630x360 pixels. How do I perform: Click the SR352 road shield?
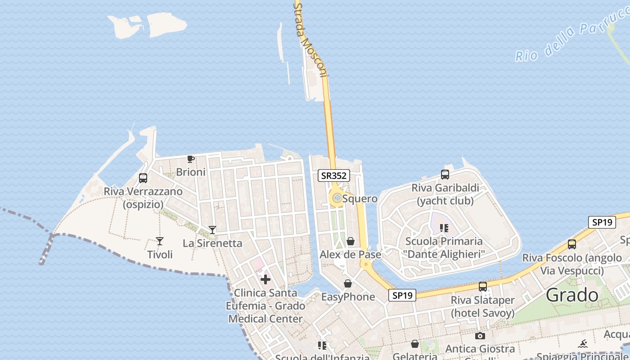click(x=334, y=175)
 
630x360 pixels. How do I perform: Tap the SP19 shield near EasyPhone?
click(x=402, y=295)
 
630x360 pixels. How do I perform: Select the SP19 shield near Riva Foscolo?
click(x=602, y=222)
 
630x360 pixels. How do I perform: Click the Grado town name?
click(x=572, y=296)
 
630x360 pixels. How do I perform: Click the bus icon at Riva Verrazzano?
click(x=143, y=178)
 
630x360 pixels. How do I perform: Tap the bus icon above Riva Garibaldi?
click(x=445, y=175)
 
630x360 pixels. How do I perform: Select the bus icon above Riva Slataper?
click(x=483, y=286)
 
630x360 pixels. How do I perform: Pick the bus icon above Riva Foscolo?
click(x=572, y=244)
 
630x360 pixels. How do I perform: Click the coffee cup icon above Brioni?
click(x=191, y=159)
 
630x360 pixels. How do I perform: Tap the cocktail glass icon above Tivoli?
click(x=160, y=241)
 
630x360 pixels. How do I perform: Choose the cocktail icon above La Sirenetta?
click(x=212, y=230)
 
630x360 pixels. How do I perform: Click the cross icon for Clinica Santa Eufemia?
click(x=265, y=279)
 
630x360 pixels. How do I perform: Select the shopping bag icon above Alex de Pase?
click(x=351, y=242)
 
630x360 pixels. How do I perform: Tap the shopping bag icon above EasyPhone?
click(x=348, y=283)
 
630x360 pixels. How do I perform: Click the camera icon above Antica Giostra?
click(x=480, y=336)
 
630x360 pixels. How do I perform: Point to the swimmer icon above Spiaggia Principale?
click(x=584, y=344)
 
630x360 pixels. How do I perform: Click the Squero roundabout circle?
click(x=337, y=198)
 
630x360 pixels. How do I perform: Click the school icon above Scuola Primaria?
click(x=444, y=228)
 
